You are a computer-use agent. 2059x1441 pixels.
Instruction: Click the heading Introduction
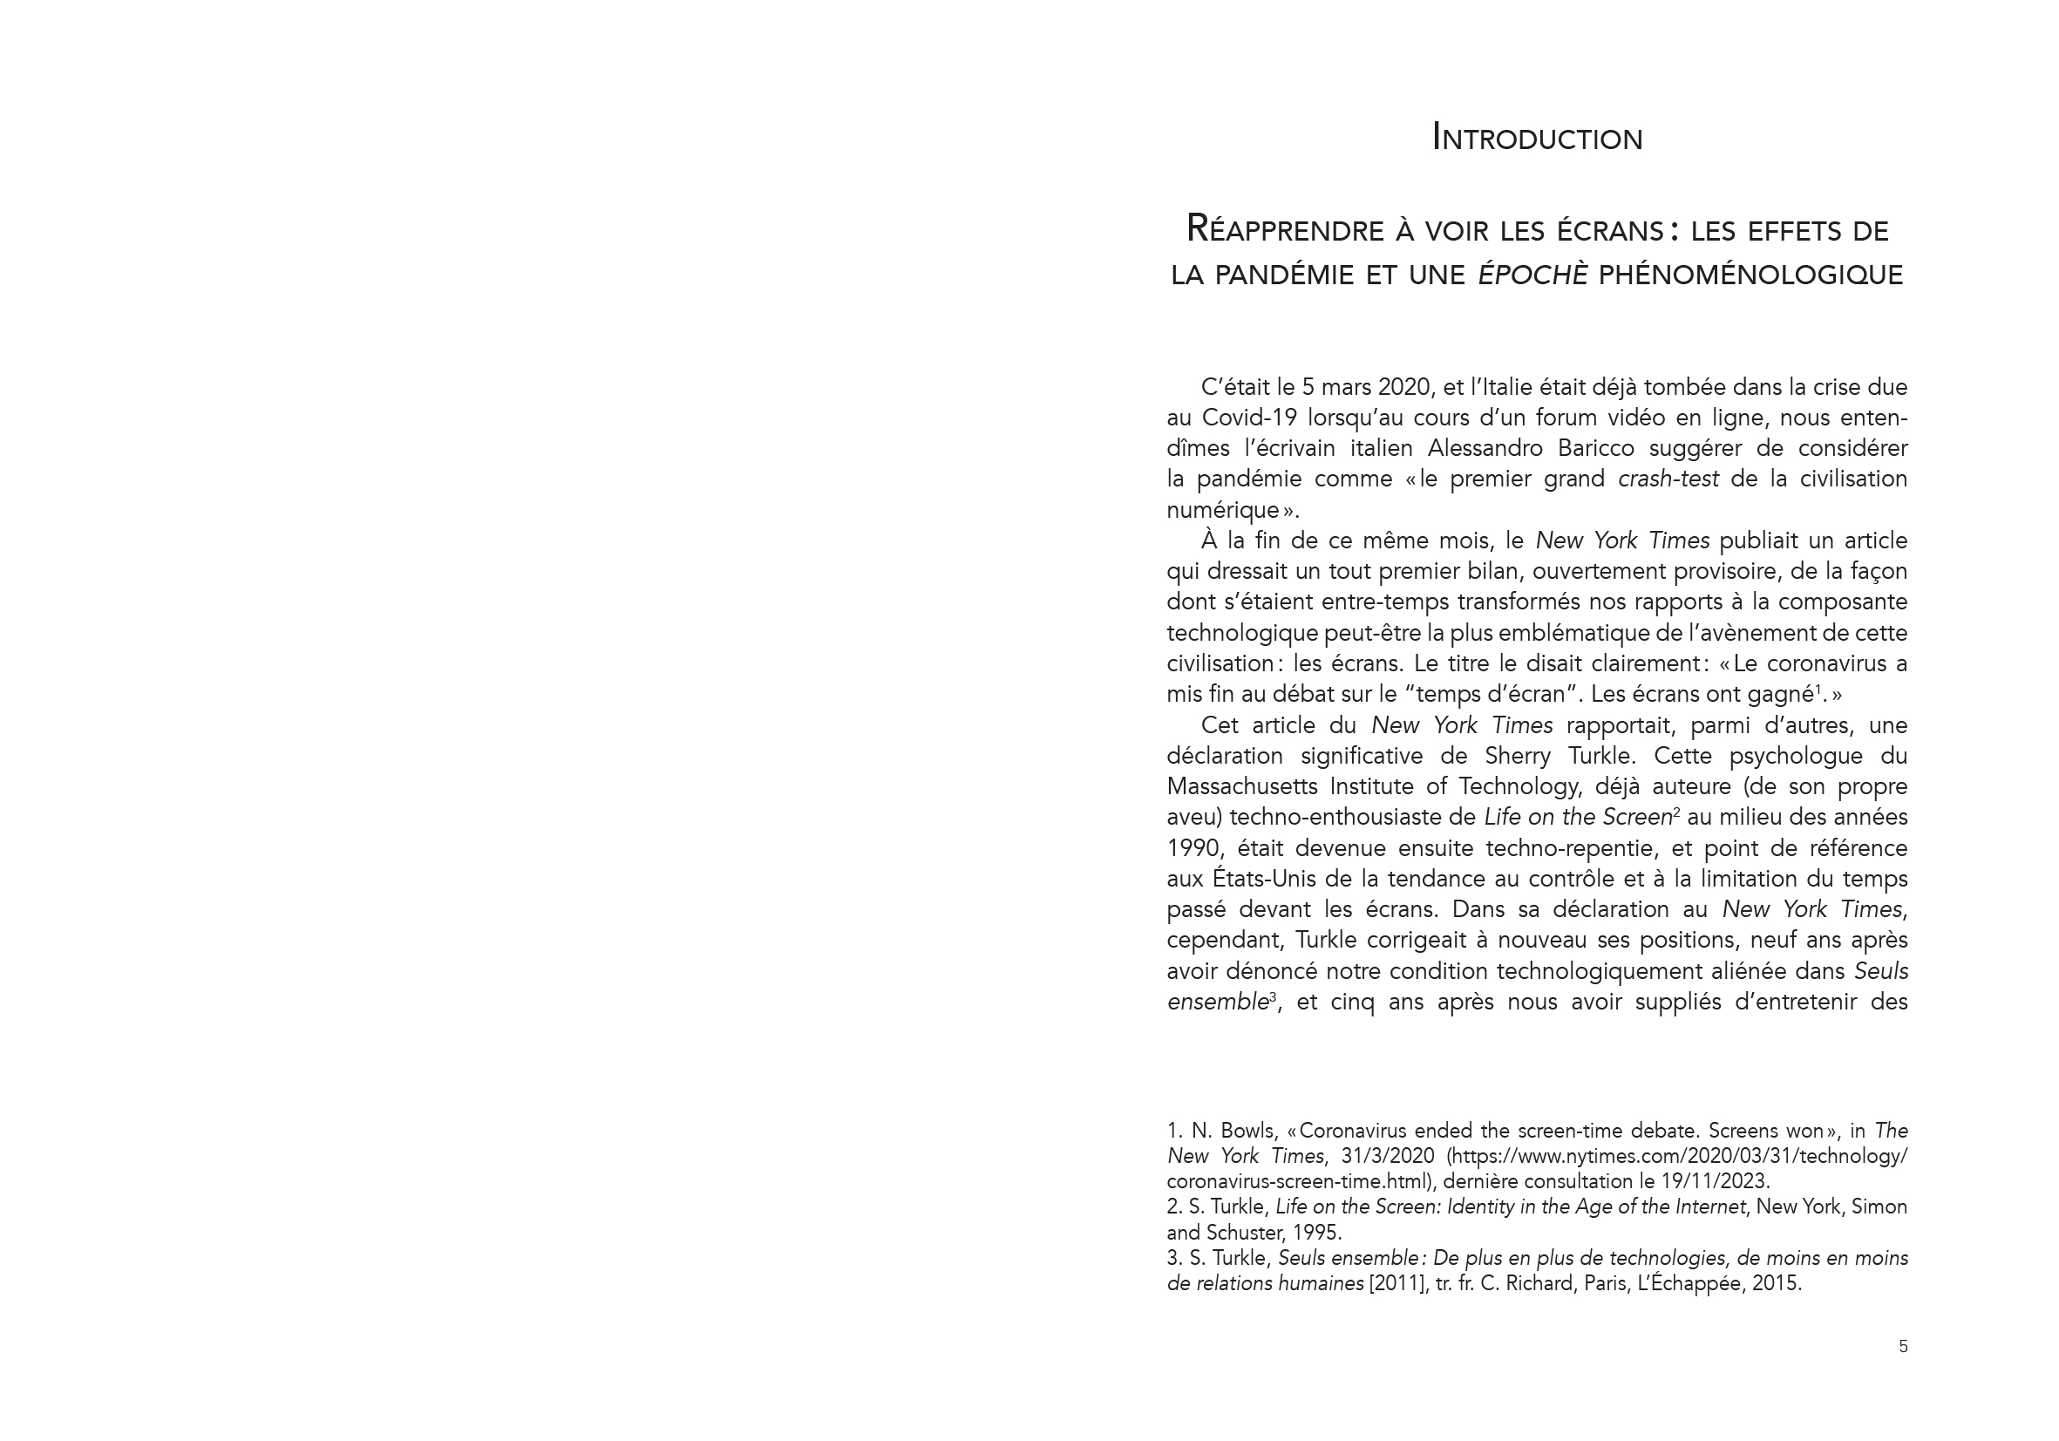[x=1537, y=138]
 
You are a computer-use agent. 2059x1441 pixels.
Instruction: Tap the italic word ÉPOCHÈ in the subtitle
[x=1532, y=275]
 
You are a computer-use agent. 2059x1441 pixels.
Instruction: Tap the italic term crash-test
[x=1668, y=479]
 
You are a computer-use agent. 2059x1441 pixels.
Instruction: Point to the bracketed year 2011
[x=1398, y=1284]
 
